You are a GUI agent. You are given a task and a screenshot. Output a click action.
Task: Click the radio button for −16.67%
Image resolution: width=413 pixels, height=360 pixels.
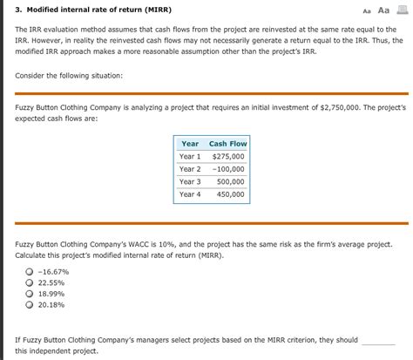click(x=30, y=272)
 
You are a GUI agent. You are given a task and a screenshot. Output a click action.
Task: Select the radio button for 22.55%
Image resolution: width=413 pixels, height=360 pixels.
click(x=30, y=283)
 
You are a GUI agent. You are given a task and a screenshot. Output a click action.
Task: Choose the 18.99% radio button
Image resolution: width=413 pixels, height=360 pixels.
click(x=30, y=295)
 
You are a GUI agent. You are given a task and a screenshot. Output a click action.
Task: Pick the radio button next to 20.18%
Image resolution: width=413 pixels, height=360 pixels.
click(x=30, y=306)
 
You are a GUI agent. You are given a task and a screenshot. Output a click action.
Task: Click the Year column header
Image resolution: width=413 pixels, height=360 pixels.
click(x=190, y=144)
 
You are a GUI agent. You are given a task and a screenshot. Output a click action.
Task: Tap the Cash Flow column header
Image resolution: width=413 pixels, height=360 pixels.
click(x=227, y=144)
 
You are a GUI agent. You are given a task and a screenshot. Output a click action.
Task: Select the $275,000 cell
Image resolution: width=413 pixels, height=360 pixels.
click(x=228, y=156)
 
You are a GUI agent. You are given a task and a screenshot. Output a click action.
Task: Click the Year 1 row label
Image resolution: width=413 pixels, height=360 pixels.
click(x=190, y=156)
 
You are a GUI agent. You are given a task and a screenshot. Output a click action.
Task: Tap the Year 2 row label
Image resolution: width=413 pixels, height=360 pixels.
click(x=190, y=168)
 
